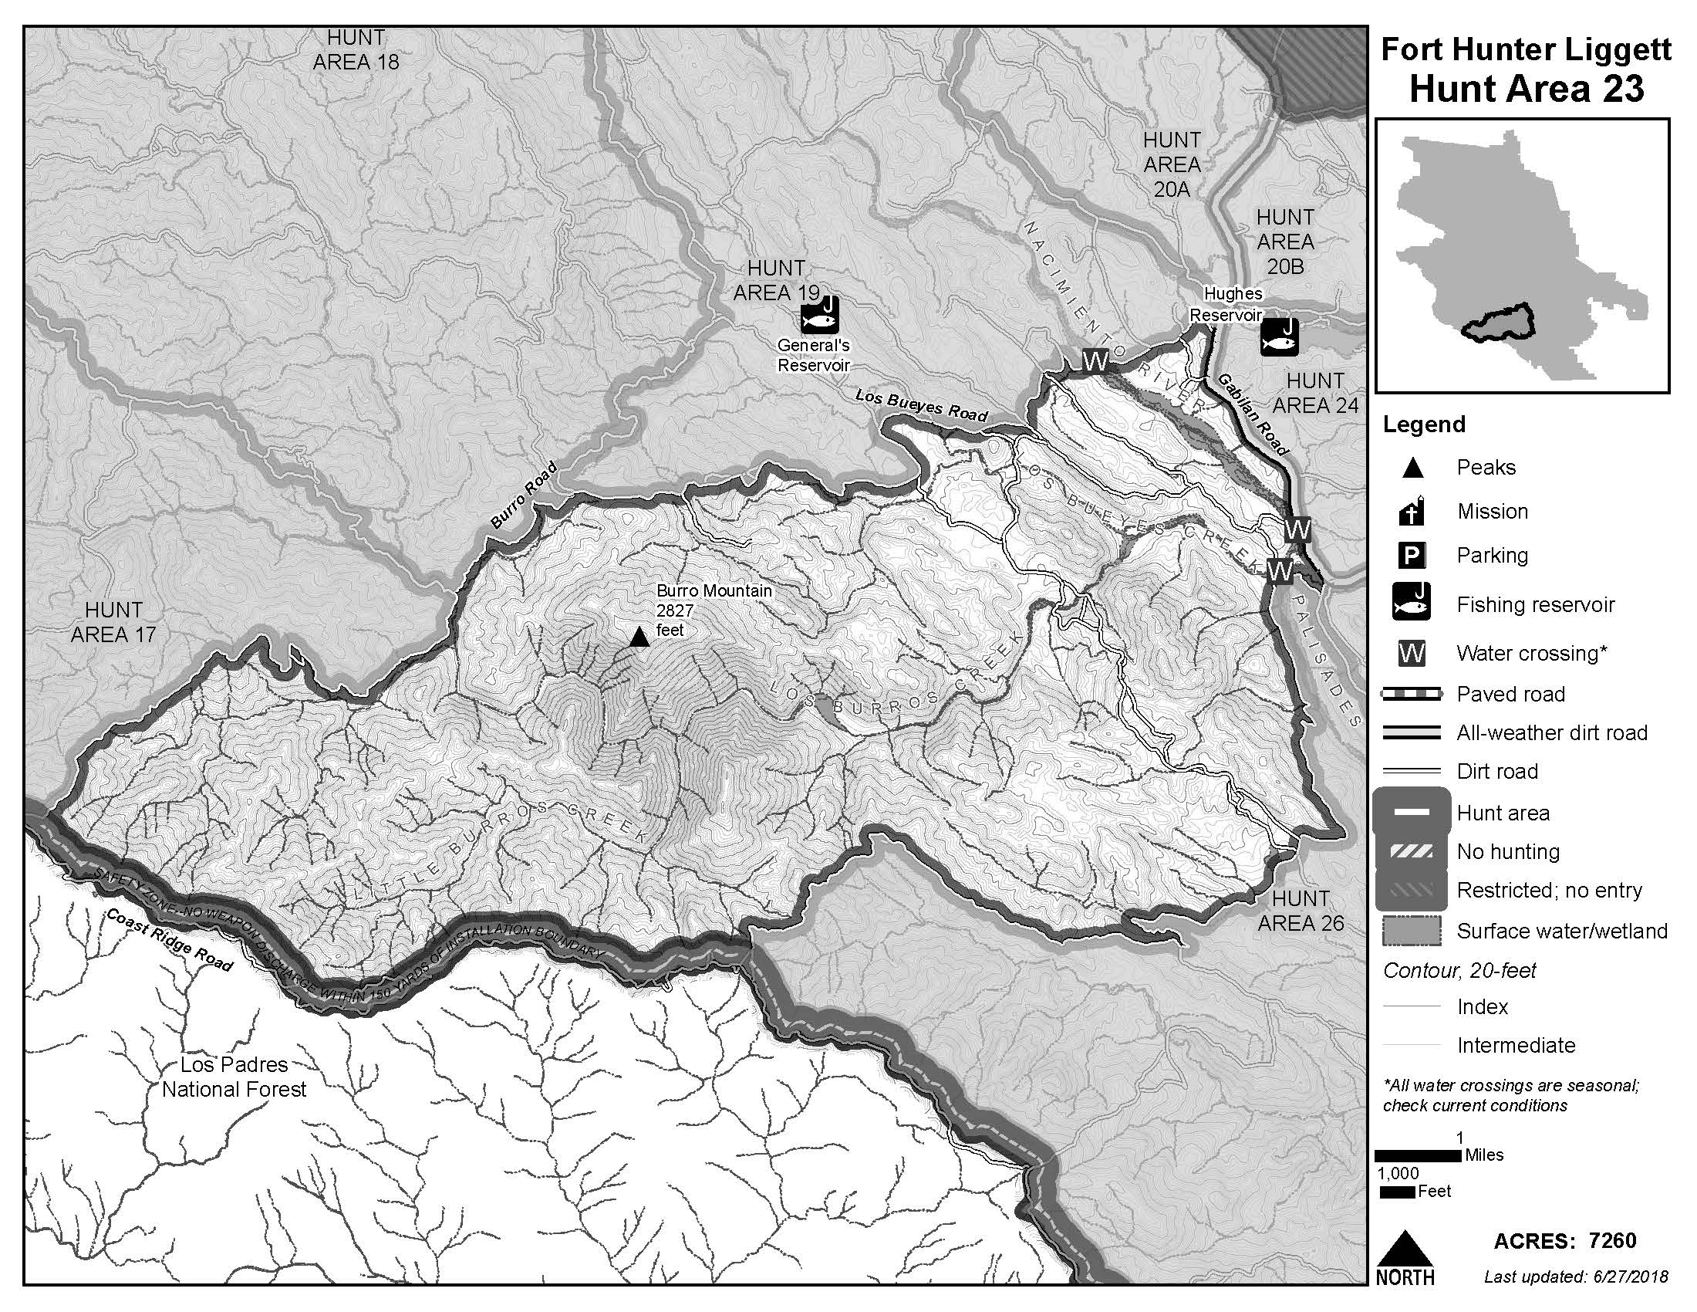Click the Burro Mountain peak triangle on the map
tap(639, 638)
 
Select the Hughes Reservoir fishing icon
tap(1279, 336)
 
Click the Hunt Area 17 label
tap(113, 622)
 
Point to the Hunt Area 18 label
tap(356, 49)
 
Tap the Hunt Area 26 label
tap(1300, 911)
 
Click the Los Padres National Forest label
tap(234, 1077)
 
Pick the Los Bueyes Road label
tap(921, 406)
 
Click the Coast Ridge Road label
tap(169, 940)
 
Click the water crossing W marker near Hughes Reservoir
tap(1095, 360)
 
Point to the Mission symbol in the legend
tap(1412, 512)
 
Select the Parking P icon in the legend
tap(1412, 556)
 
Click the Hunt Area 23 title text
tap(1526, 88)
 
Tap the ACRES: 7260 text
tap(1564, 1240)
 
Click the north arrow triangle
tap(1404, 1249)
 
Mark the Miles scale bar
tap(1419, 1156)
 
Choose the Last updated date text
tap(1575, 1276)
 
